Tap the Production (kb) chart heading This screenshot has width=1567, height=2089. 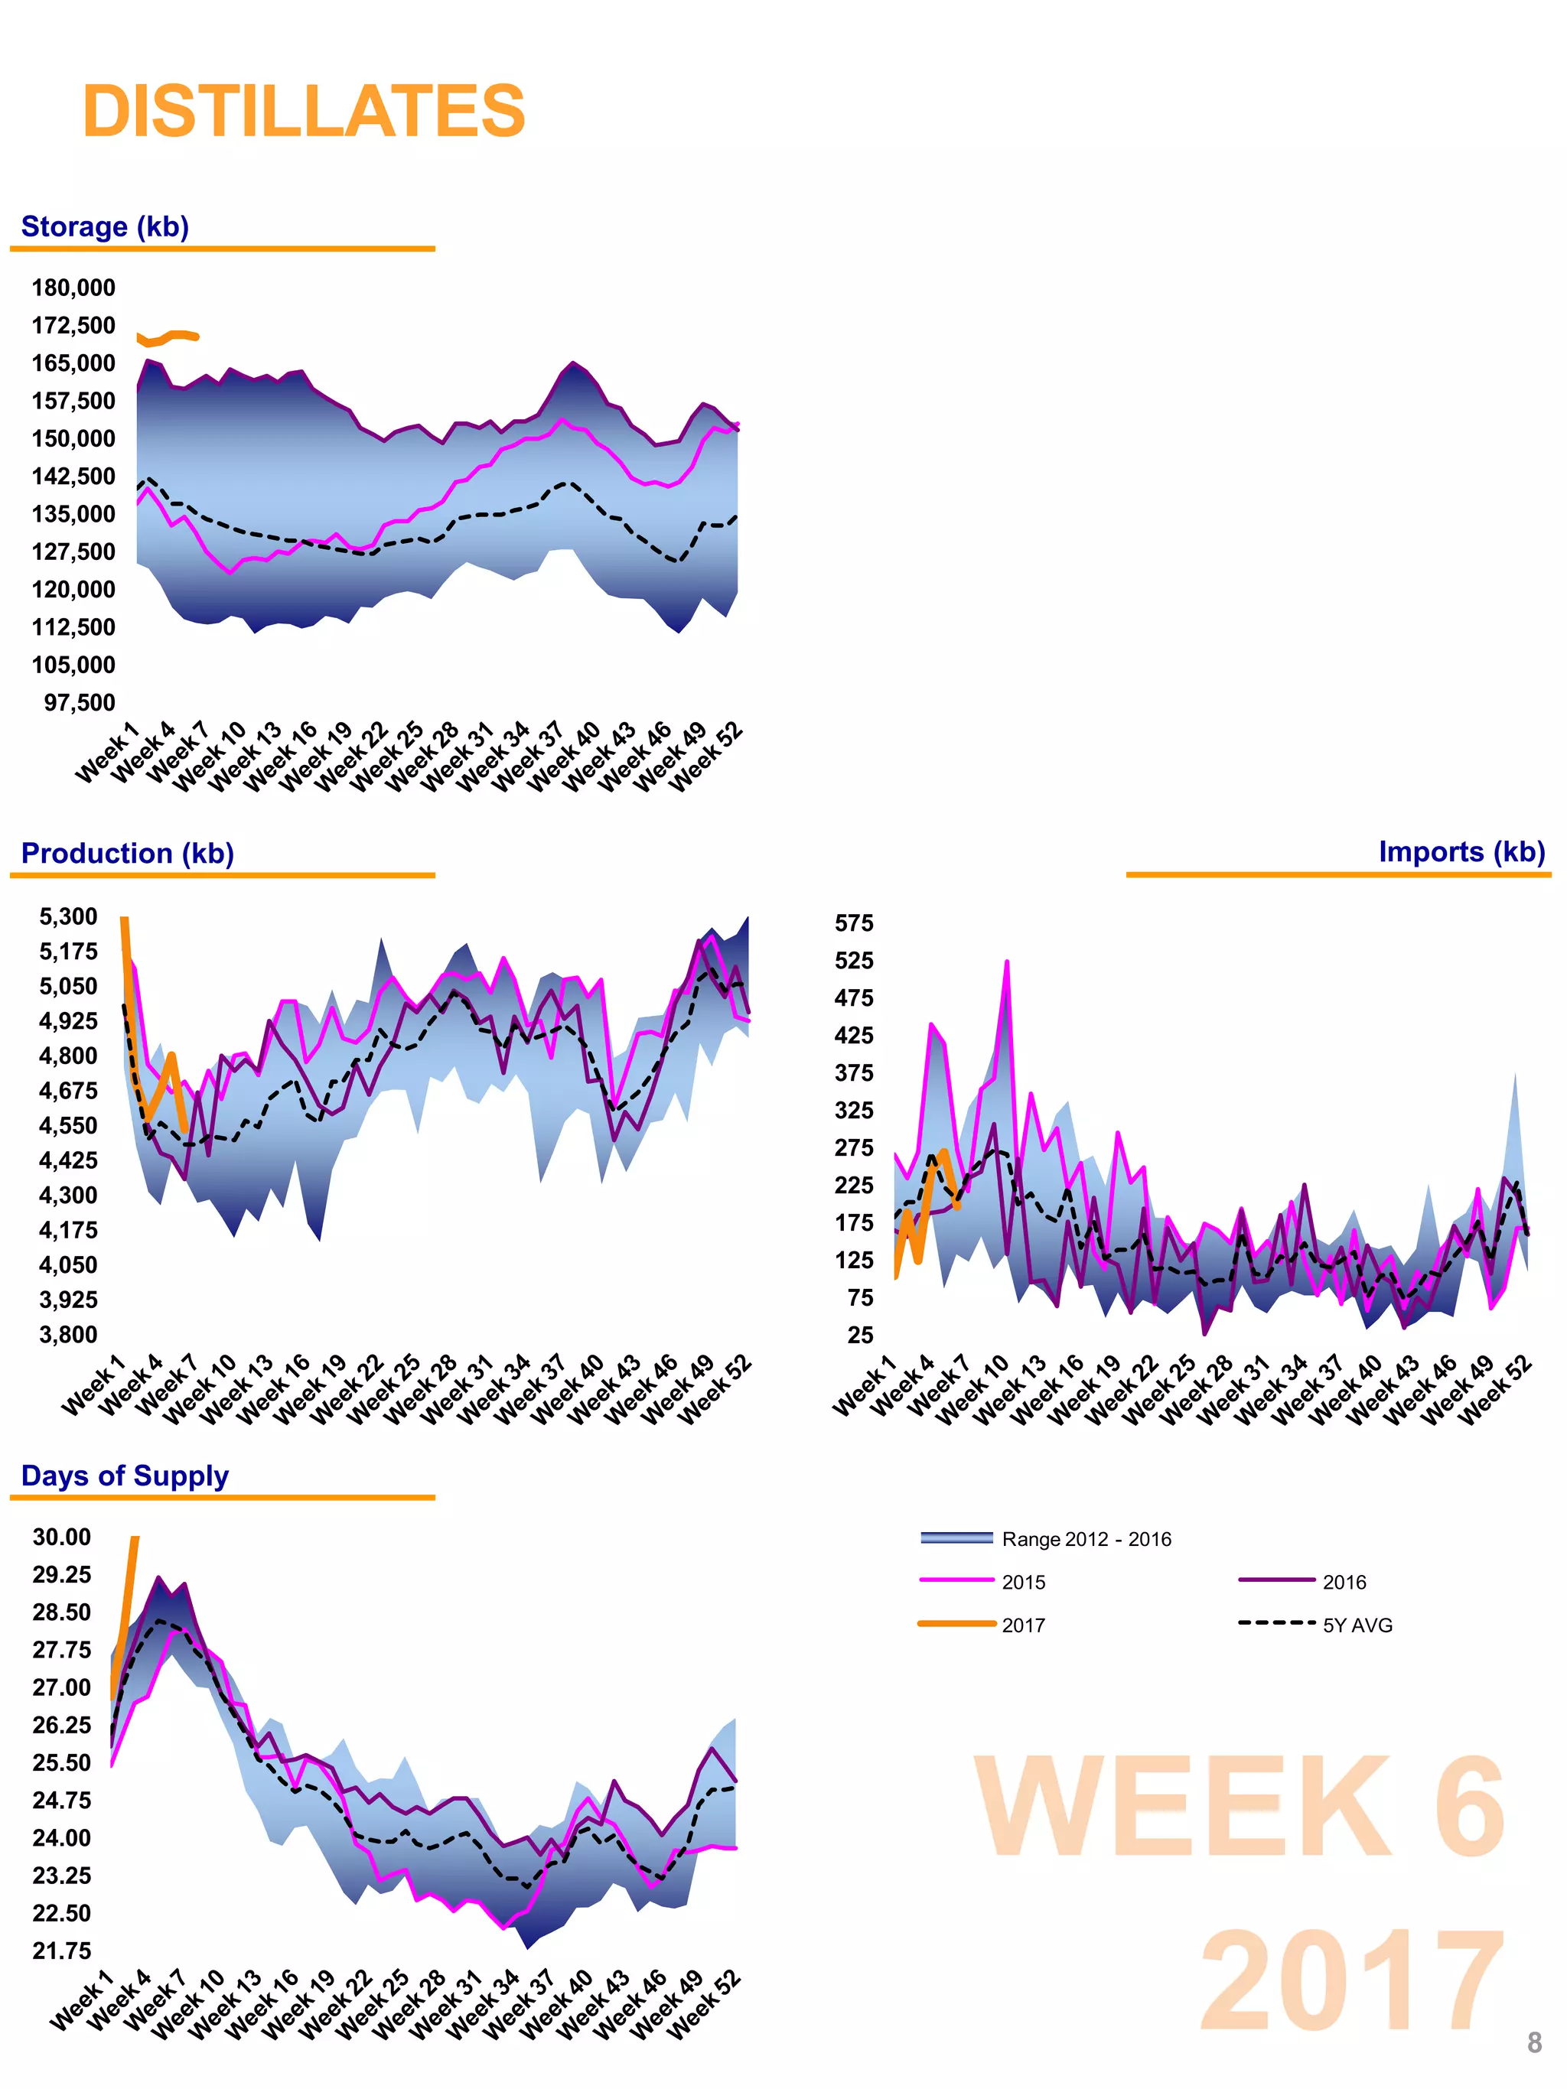(x=128, y=853)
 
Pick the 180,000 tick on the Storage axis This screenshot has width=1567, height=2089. (x=73, y=288)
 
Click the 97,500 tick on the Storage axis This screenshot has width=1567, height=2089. (x=80, y=703)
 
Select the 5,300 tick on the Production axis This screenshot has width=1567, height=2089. (x=68, y=916)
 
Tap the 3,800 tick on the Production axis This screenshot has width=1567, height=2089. (x=68, y=1335)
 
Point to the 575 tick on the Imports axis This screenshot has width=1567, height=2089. (x=854, y=922)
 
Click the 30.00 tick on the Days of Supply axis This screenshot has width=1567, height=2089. (x=62, y=1537)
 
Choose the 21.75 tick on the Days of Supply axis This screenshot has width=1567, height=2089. (x=62, y=1951)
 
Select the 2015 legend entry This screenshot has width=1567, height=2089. (x=1023, y=1582)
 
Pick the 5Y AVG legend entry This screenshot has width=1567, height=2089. (x=1357, y=1625)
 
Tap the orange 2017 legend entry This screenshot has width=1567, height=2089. (x=1023, y=1625)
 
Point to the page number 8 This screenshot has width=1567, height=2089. (x=1534, y=2042)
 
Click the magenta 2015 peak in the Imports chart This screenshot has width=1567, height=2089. (x=1007, y=963)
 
